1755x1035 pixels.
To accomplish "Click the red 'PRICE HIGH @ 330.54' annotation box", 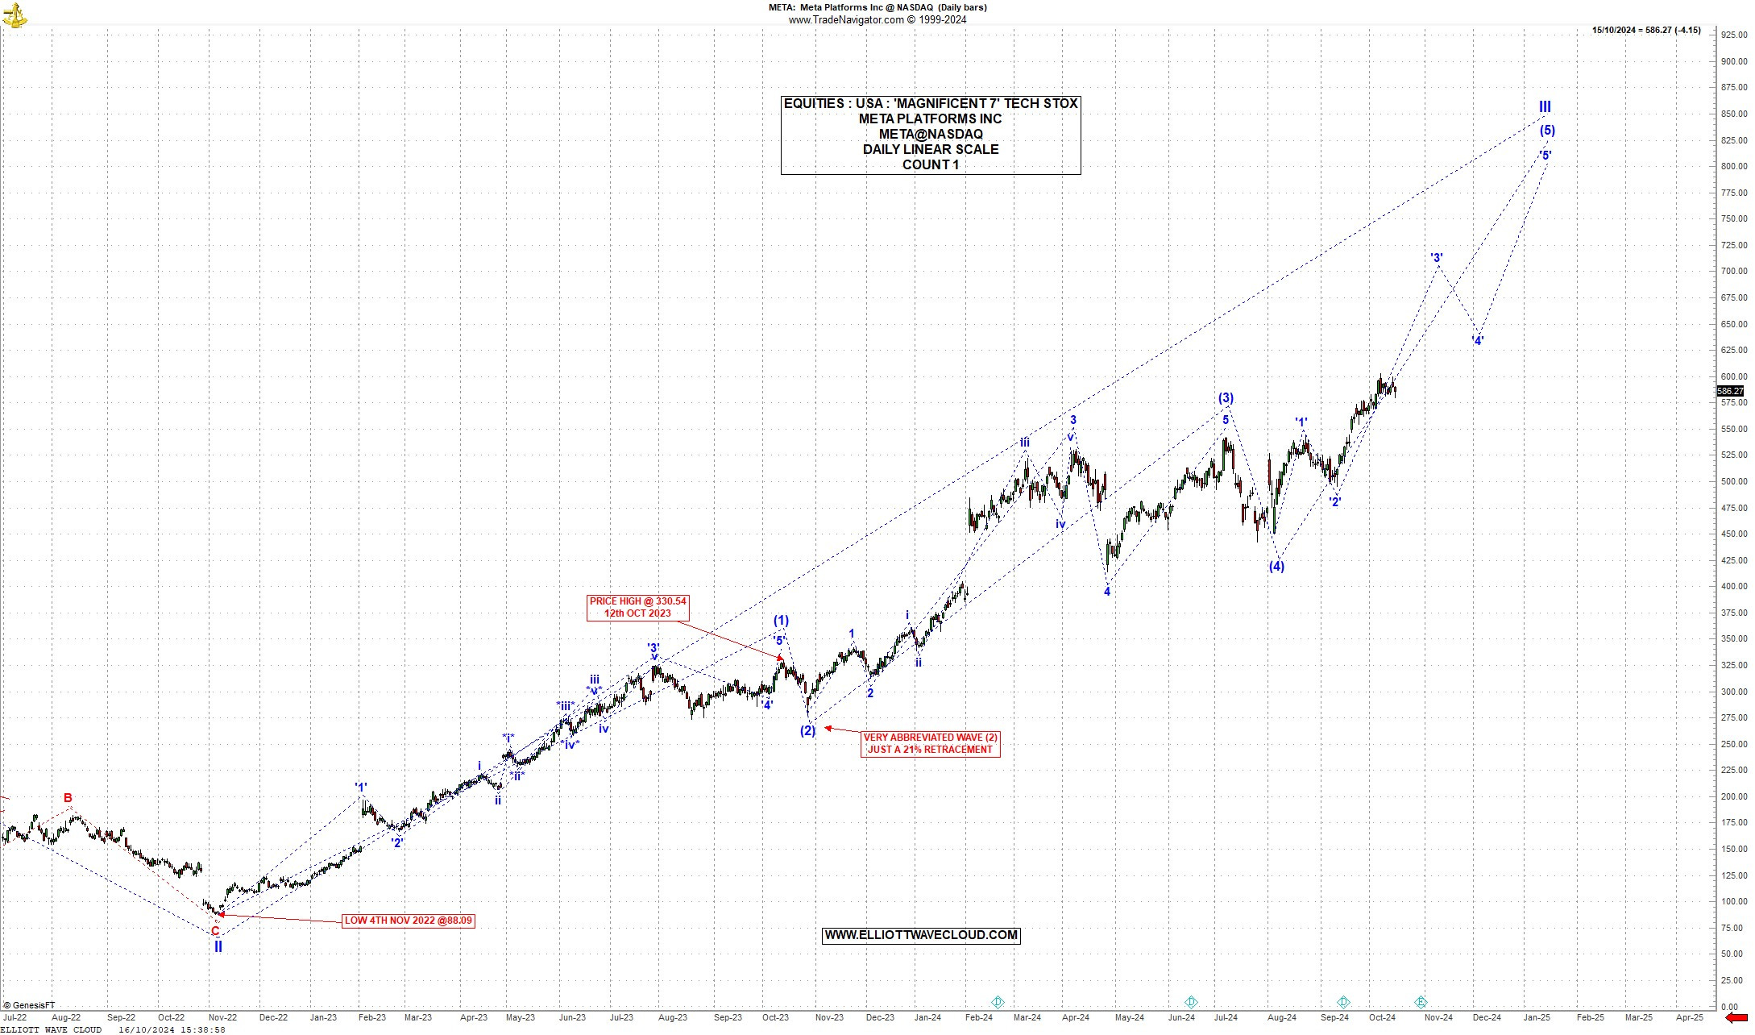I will coord(637,607).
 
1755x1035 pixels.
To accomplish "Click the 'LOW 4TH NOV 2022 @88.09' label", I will coord(409,921).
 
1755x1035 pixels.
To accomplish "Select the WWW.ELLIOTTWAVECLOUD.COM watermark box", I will coord(921,935).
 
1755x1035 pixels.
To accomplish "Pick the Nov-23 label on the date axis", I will coord(828,1017).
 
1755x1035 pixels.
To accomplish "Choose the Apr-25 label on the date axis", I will coord(1689,1017).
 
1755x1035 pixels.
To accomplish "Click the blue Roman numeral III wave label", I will coord(1545,106).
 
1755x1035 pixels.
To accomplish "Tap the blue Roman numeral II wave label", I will coord(218,947).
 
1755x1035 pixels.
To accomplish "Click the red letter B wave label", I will coord(68,798).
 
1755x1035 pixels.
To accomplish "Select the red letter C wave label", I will coord(215,931).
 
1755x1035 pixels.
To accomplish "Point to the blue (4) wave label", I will coord(1276,567).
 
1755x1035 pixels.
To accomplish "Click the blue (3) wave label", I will coord(1226,398).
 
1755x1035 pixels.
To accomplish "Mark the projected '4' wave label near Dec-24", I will coord(1477,340).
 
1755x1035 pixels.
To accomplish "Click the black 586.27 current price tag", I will coord(1730,391).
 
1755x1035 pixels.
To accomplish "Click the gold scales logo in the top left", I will coord(15,15).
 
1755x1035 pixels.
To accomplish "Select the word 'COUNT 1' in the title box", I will coord(930,165).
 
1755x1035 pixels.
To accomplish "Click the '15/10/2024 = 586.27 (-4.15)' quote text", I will coord(1646,31).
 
